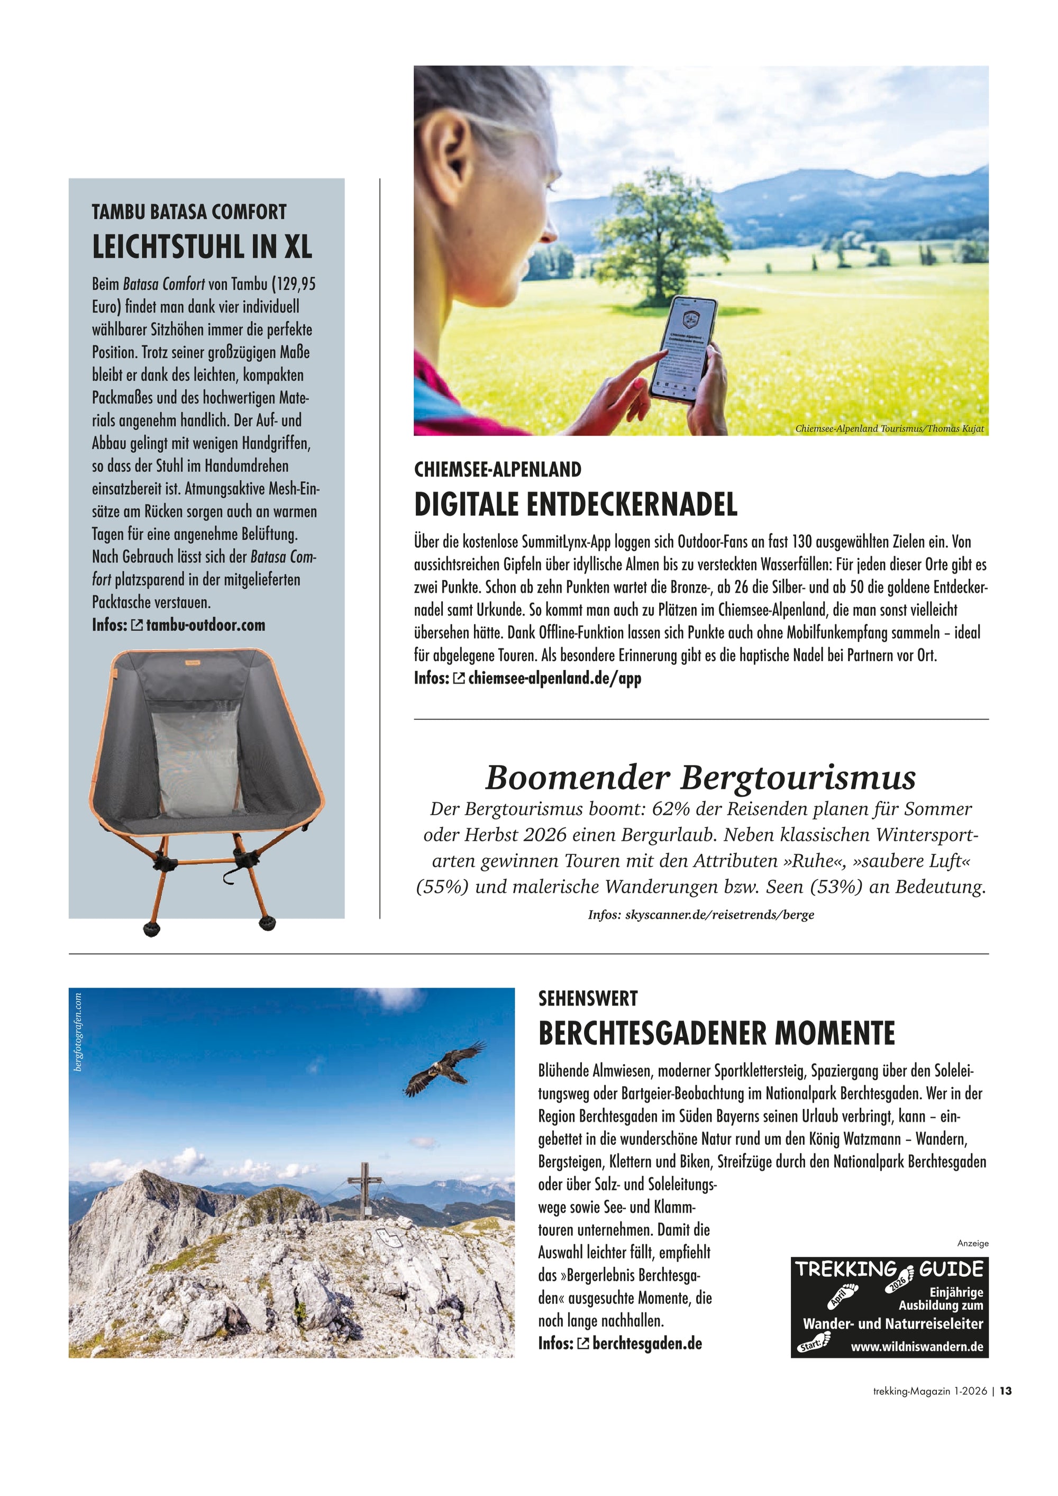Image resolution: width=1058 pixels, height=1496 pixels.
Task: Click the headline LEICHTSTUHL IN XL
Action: point(202,247)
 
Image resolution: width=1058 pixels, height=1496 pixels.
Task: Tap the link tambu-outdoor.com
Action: point(205,625)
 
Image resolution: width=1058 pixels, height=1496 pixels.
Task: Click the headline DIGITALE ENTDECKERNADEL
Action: point(576,505)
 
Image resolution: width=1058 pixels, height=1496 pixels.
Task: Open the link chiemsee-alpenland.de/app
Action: point(554,678)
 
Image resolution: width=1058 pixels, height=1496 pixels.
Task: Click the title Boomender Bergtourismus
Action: point(700,777)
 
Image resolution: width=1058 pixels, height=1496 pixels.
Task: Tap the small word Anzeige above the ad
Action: point(973,1243)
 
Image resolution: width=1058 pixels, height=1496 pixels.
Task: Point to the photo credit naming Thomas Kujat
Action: point(889,428)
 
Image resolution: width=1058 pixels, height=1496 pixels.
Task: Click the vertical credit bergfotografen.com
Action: point(79,1032)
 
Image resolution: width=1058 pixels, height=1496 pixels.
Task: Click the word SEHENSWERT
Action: point(588,999)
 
